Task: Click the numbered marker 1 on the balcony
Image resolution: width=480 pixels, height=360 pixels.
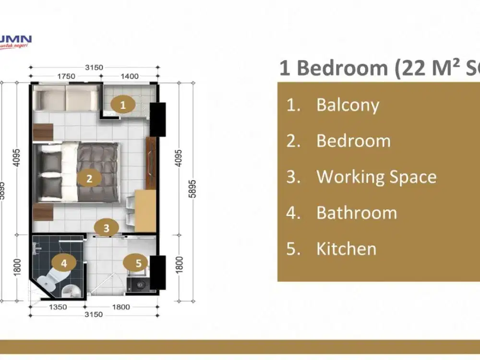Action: [123, 105]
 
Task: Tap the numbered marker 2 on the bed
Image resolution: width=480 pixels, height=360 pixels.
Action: [89, 179]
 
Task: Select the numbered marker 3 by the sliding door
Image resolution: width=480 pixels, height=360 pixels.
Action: [107, 228]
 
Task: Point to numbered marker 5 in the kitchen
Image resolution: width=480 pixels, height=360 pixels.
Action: [139, 263]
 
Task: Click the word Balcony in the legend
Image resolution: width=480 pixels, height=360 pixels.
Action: [348, 105]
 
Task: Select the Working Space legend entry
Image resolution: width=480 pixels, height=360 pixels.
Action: [376, 177]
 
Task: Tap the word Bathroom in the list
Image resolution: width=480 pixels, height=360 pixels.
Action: [357, 213]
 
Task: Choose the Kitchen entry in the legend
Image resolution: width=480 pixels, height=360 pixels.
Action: [346, 249]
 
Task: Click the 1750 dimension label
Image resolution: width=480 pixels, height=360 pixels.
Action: [66, 76]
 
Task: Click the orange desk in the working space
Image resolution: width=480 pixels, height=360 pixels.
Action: [144, 210]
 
